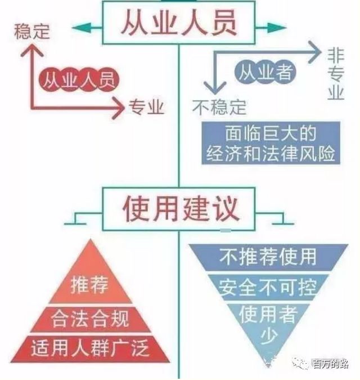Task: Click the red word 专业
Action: coord(147,106)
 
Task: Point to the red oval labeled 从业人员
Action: coord(79,79)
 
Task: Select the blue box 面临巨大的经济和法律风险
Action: coord(271,143)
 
